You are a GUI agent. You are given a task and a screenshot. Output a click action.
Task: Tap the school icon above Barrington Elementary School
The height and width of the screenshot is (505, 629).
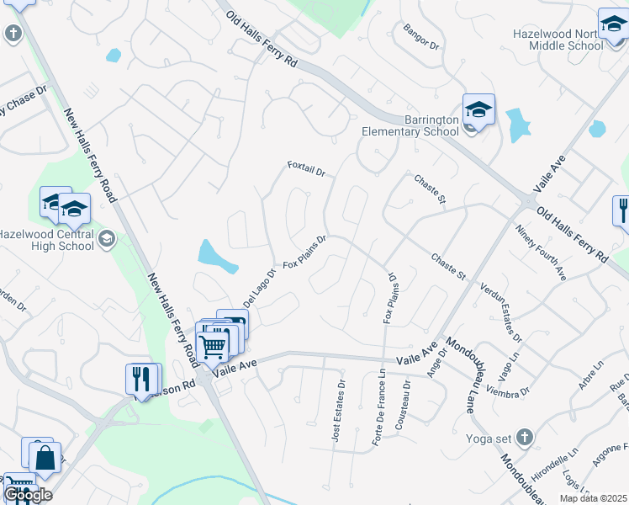(478, 109)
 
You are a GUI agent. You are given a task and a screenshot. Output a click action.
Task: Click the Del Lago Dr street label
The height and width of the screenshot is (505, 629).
(259, 288)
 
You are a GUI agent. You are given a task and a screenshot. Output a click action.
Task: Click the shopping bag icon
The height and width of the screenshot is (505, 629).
(45, 458)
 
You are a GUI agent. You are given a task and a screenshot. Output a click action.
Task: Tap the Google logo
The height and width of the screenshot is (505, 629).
(28, 495)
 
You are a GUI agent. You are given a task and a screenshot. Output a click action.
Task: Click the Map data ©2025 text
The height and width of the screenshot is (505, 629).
(594, 498)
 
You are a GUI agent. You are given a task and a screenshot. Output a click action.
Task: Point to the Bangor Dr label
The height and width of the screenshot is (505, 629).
(421, 37)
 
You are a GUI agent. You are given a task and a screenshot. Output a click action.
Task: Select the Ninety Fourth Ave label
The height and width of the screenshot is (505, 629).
(545, 253)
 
